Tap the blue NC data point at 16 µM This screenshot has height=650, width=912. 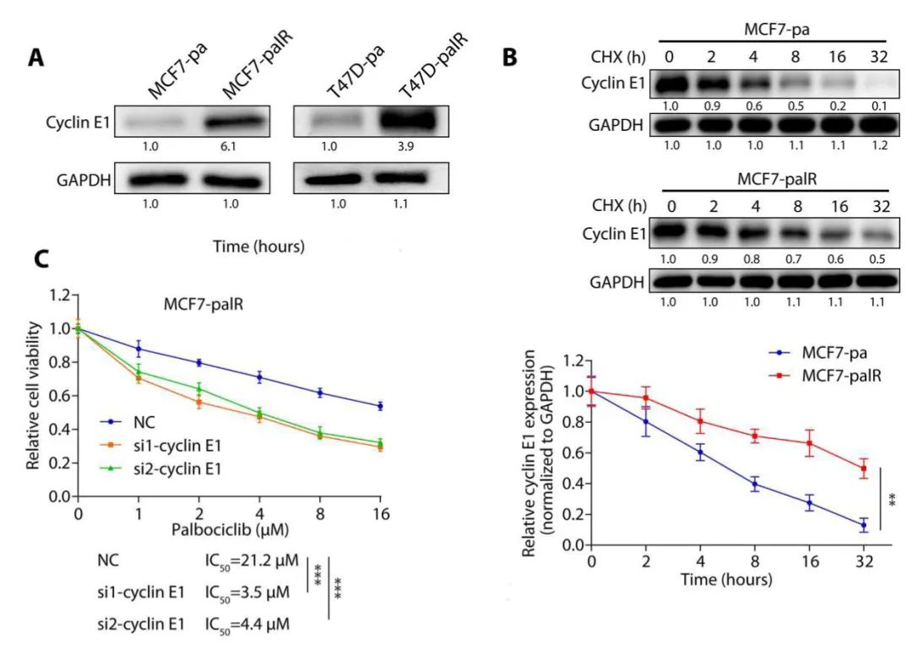(x=380, y=406)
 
